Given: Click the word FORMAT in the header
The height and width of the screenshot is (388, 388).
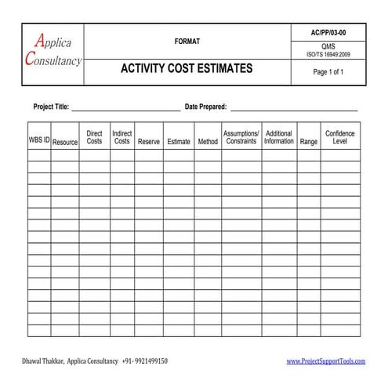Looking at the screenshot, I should [x=187, y=40].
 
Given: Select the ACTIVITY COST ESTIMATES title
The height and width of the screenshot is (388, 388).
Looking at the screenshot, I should [x=187, y=69].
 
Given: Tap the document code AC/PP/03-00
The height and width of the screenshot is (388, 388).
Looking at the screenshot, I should [x=328, y=31].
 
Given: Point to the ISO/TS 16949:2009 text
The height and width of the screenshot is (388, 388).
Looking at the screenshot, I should [x=328, y=55].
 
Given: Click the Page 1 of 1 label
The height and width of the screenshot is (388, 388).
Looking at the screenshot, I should [x=328, y=72].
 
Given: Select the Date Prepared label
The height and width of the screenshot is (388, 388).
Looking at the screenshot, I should [x=205, y=106].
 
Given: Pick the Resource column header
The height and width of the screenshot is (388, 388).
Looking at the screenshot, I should [x=65, y=142].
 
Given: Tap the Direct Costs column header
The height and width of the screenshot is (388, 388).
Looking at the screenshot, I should [x=94, y=137].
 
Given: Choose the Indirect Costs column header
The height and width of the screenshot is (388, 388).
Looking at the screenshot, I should [x=121, y=137].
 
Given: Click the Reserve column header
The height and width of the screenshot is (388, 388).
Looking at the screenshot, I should [x=149, y=142].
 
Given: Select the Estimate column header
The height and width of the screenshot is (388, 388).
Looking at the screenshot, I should [x=179, y=142].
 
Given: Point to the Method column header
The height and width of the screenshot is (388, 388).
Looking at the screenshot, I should [x=208, y=142].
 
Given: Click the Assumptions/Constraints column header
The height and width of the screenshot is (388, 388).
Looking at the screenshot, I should [x=241, y=137].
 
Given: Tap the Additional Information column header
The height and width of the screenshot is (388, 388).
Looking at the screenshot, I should [x=279, y=137].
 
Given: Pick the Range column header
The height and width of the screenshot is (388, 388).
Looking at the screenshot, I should [x=309, y=142].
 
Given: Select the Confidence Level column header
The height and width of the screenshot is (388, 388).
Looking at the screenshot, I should [x=340, y=137].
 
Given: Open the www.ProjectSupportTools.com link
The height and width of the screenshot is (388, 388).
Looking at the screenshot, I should [x=326, y=361].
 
